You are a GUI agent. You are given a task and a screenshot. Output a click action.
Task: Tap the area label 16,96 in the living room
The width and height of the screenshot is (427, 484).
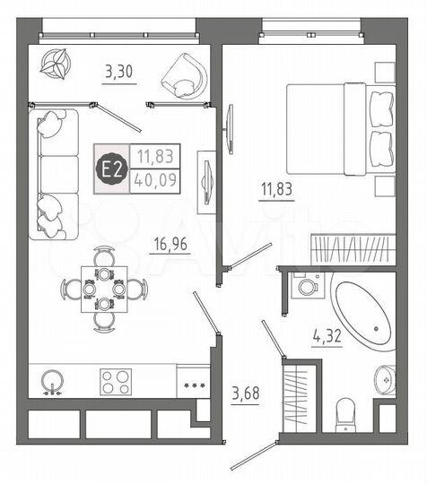[x=169, y=242]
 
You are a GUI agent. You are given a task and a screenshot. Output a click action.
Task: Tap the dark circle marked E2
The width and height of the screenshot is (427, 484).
[x=112, y=168]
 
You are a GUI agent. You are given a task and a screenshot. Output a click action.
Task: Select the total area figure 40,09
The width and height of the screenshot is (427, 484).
[x=155, y=179]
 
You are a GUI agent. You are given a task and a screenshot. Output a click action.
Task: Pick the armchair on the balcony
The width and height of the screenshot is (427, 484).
[x=185, y=74]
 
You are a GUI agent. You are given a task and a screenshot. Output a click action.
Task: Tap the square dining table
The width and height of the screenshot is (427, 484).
[x=102, y=289]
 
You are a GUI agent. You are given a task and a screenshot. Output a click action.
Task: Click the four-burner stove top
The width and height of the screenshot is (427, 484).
[x=118, y=382]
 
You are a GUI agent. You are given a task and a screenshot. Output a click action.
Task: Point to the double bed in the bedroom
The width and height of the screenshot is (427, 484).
[x=339, y=127]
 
